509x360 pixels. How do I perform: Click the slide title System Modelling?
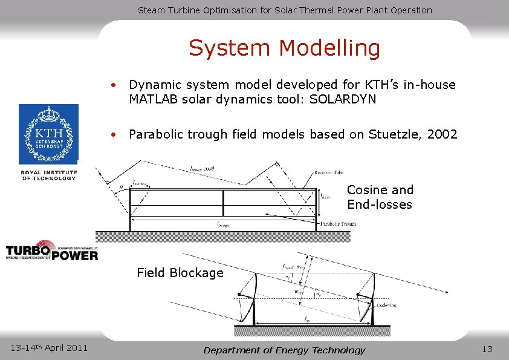pyautogui.click(x=284, y=48)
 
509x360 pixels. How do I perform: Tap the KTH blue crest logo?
pyautogui.click(x=48, y=134)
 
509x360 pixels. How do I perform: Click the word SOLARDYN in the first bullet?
pyautogui.click(x=342, y=100)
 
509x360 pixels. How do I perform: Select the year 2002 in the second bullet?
pyautogui.click(x=443, y=134)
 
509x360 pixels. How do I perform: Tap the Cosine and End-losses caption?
pyautogui.click(x=380, y=197)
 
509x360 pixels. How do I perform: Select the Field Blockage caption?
pyautogui.click(x=180, y=273)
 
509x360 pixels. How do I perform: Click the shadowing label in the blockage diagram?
pyautogui.click(x=387, y=306)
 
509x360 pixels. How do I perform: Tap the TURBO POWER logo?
pyautogui.click(x=52, y=250)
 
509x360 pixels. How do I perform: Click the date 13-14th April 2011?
pyautogui.click(x=50, y=347)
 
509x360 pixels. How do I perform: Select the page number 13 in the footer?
pyautogui.click(x=487, y=349)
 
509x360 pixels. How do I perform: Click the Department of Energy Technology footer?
pyautogui.click(x=284, y=350)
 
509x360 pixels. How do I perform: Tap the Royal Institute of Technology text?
pyautogui.click(x=49, y=175)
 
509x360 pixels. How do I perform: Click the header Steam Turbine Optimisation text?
pyautogui.click(x=285, y=10)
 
